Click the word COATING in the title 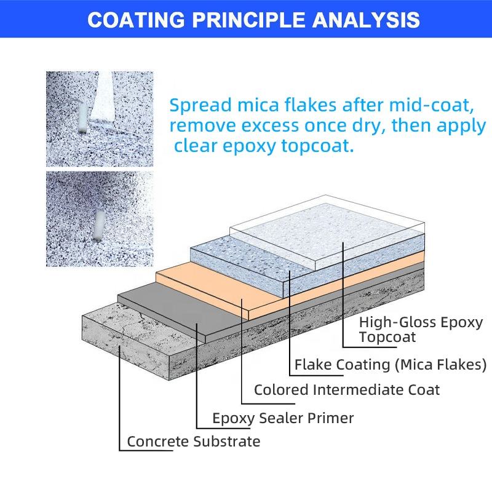point(136,20)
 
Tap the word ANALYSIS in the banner point(366,20)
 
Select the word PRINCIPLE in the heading point(248,20)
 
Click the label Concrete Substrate point(194,442)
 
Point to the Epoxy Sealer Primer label point(283,418)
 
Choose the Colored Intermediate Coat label point(347,390)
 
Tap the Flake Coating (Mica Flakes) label point(391,365)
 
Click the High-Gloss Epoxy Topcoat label point(421,330)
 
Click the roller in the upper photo point(83,117)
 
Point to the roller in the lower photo point(100,226)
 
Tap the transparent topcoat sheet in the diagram point(327,232)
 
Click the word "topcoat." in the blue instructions point(317,146)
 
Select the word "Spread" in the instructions point(201,106)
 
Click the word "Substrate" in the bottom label point(226,442)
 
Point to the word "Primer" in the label point(331,418)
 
